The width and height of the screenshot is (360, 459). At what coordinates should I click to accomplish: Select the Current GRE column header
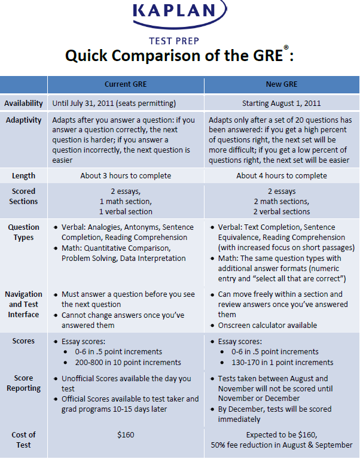coord(126,84)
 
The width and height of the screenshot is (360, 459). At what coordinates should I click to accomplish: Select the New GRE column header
coord(281,84)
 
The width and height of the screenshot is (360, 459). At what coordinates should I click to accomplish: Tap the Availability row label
coord(24,103)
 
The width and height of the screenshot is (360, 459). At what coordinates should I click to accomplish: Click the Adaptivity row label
coord(24,120)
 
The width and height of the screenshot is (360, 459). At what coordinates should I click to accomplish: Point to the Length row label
coord(24,176)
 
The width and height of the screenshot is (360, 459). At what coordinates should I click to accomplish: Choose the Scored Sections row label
coord(24,196)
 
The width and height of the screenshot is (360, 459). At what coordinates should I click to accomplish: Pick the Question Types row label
coord(24,232)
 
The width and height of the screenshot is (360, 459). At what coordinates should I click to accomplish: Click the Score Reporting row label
coord(24,383)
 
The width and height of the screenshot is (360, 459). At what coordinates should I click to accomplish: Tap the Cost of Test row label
coord(24,440)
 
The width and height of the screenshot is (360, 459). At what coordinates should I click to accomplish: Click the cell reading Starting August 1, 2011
coord(281,103)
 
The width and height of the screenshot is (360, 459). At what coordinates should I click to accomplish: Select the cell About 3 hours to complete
coord(126,176)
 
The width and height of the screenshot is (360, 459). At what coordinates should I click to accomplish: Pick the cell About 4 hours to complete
coord(281,176)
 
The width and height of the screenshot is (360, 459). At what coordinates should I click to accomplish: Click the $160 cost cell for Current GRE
coord(126,435)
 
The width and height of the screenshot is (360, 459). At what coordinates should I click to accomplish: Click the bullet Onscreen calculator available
coord(267,326)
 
